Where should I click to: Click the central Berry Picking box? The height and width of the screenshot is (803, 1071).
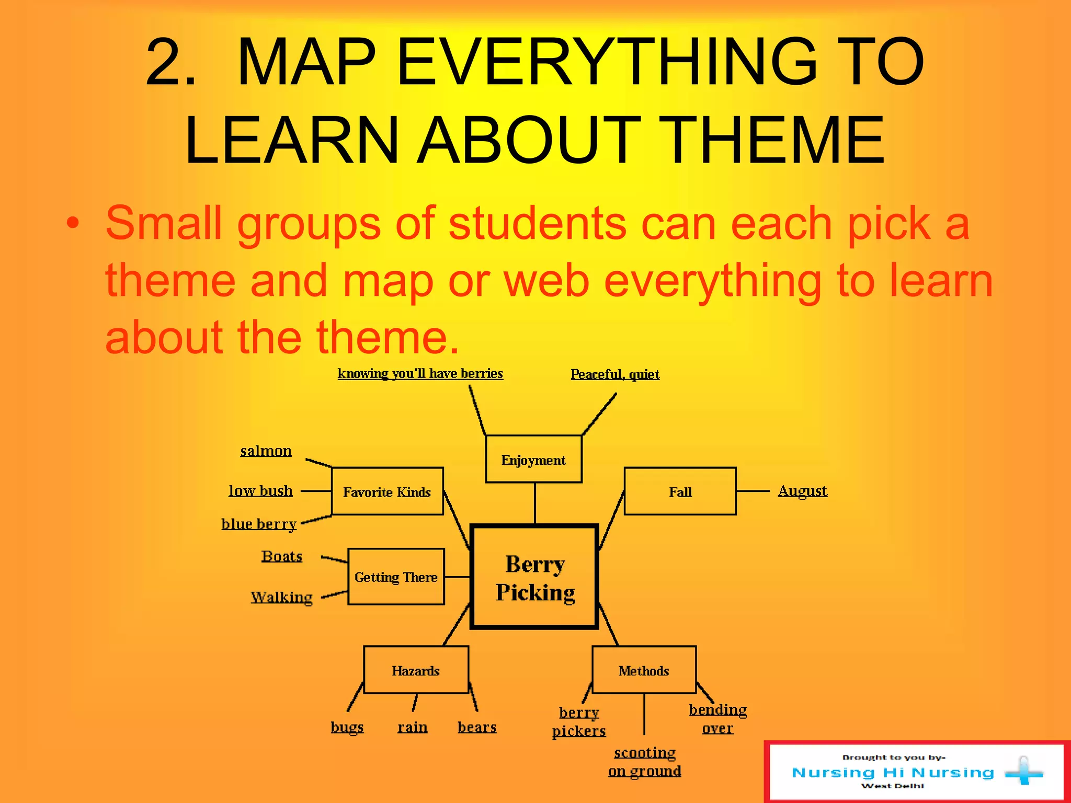pos(534,577)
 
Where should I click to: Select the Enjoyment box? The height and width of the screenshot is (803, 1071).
pos(533,460)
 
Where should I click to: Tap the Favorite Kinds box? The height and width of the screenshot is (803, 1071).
pos(387,491)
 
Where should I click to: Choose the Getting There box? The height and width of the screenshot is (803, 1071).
pos(396,577)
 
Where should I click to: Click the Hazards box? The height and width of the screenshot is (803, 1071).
pos(416,670)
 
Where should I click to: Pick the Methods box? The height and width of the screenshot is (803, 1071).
pos(644,670)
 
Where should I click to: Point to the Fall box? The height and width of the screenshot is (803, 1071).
pos(680,491)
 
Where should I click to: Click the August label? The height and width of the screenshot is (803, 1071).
pos(802,491)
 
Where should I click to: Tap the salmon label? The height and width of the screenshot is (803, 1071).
pos(266,451)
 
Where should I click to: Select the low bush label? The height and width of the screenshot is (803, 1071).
pos(260,491)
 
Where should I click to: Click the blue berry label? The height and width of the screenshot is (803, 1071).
pos(259,524)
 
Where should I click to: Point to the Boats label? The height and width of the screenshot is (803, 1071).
pos(282,556)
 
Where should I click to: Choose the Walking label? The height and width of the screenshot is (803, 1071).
pos(281,597)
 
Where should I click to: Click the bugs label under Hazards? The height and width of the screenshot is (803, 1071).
pos(347,727)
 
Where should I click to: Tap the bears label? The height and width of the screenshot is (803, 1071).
pos(477,727)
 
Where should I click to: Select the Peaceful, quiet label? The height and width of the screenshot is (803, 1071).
pos(615,374)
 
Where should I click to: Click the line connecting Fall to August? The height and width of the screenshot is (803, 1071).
pos(753,491)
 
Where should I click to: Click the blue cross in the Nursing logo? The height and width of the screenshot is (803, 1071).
pos(1023,772)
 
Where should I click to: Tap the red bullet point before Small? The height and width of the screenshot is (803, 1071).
pos(73,223)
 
